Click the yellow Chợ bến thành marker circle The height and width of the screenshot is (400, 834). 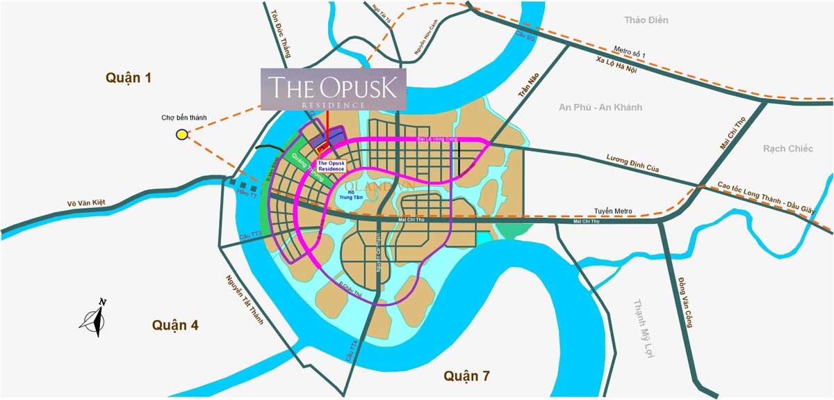[x=181, y=134]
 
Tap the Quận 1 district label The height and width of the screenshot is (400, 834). [x=129, y=77]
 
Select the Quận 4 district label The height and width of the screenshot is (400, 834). [x=175, y=325]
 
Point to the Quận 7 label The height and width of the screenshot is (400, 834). [x=466, y=376]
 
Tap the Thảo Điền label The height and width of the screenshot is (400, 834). [x=646, y=20]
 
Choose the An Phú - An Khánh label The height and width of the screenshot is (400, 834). [x=600, y=107]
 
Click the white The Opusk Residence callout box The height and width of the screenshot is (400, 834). [x=331, y=166]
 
